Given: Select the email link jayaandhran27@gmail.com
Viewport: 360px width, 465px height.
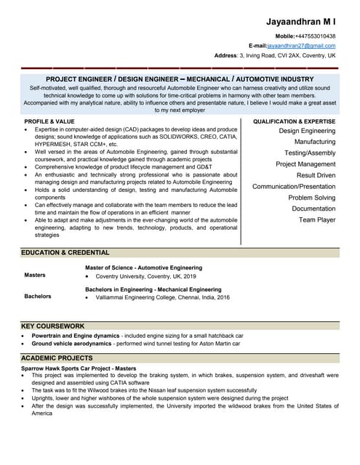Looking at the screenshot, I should [301, 45].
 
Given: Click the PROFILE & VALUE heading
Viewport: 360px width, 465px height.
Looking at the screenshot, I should [49, 121].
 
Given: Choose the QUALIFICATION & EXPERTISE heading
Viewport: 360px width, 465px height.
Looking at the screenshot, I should [294, 121].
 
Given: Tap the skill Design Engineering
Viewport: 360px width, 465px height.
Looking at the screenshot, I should [307, 131].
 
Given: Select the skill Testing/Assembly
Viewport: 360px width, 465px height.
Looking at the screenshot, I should [310, 153].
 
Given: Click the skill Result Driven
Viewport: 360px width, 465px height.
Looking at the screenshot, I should [316, 175].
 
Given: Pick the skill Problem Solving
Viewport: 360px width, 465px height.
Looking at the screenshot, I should [311, 198].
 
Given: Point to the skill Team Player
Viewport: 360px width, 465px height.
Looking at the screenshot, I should [317, 219].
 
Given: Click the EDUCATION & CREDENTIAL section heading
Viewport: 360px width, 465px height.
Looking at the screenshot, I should [65, 253].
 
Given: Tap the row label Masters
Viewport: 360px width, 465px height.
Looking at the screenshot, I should [35, 275].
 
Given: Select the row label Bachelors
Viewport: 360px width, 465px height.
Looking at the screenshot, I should [38, 296].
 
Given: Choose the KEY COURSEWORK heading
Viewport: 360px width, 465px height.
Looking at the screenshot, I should [53, 326].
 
